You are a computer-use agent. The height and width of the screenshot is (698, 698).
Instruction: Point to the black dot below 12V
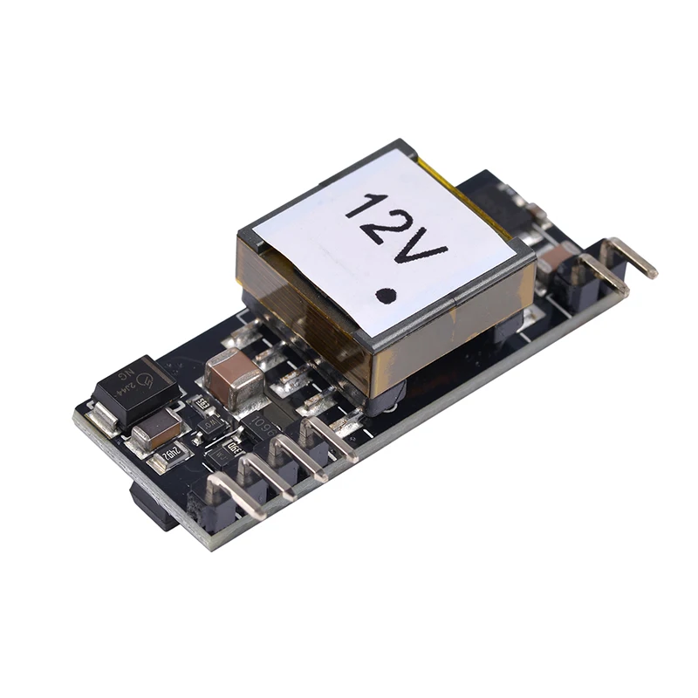coord(385,295)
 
